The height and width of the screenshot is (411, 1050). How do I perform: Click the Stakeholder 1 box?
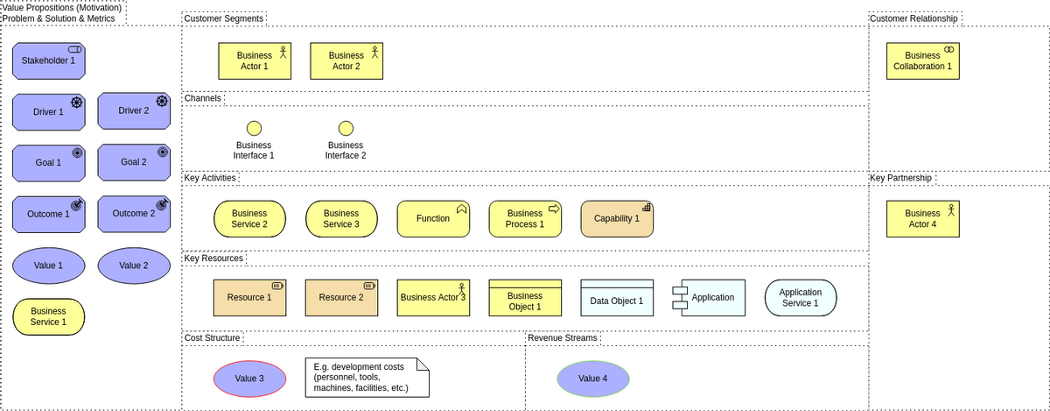48,60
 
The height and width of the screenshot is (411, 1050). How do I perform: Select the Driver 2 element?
133,111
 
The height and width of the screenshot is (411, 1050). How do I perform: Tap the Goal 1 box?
48,163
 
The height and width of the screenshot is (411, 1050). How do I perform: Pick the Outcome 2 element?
133,214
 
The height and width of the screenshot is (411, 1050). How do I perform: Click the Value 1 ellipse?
48,266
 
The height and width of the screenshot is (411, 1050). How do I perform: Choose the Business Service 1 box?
48,316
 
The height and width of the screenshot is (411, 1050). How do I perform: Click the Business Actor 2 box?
346,61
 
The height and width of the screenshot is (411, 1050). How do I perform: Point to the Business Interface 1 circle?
254,129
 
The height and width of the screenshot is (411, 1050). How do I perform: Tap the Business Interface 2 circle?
346,129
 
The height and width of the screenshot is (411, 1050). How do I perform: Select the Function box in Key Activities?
433,219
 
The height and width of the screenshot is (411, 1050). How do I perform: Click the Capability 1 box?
617,219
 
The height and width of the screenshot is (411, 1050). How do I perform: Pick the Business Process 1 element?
525,219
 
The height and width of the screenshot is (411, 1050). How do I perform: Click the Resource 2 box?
341,298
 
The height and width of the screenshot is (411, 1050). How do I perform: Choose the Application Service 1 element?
800,298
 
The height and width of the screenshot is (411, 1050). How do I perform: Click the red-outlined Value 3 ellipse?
249,379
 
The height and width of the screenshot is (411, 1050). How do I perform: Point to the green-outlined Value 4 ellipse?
592,379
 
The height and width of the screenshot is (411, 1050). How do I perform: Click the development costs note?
367,377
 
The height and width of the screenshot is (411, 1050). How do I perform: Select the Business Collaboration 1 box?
922,61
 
